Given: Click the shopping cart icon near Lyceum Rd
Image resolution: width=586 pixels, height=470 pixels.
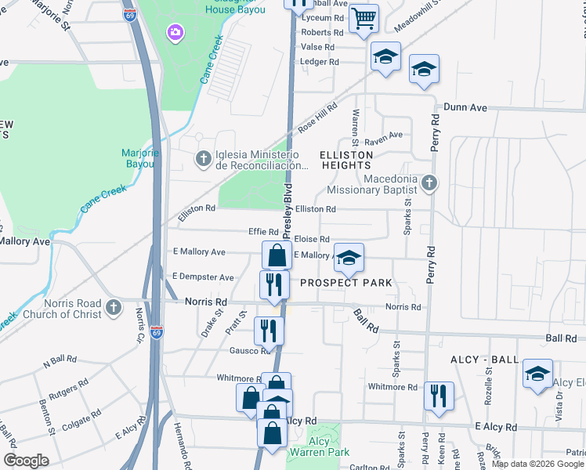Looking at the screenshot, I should point(363,18).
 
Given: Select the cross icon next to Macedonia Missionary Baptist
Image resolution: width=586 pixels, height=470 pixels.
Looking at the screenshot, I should point(428,183).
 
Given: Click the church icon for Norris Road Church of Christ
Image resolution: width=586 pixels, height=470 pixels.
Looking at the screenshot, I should point(114,307).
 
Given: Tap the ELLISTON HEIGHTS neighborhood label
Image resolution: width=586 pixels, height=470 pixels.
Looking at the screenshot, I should point(345,161).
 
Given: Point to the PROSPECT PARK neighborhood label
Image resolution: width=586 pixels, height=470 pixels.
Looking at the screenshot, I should point(345,282).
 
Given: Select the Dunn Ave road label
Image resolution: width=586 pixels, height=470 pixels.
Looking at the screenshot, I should point(465,107).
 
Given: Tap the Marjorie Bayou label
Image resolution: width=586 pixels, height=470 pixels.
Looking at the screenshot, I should point(139,158).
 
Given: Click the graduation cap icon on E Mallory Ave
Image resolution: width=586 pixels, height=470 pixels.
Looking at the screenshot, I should point(349,257).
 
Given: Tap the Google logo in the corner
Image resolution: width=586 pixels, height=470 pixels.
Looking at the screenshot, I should point(27,460).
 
